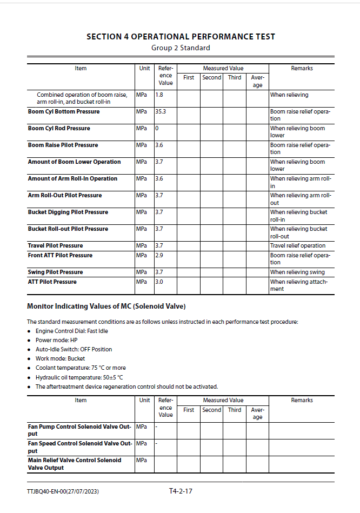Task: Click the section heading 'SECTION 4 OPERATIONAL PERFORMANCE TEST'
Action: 181,37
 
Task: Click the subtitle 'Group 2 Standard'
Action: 181,48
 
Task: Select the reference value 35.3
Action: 161,112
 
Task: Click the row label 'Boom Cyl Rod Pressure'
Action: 59,129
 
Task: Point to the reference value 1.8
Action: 159,95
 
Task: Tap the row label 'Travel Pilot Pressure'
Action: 55,246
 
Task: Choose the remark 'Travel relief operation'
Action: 298,246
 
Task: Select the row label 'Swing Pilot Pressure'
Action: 55,272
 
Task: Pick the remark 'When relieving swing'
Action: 297,272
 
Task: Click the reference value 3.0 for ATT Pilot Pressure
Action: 159,282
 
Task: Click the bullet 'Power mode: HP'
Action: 56,341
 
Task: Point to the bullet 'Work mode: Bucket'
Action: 60,359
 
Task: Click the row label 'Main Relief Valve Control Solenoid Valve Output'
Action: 74,464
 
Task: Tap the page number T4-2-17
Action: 181,491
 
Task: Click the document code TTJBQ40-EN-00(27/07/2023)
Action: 63,492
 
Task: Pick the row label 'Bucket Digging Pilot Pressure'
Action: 68,212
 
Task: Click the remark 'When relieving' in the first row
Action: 289,95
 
